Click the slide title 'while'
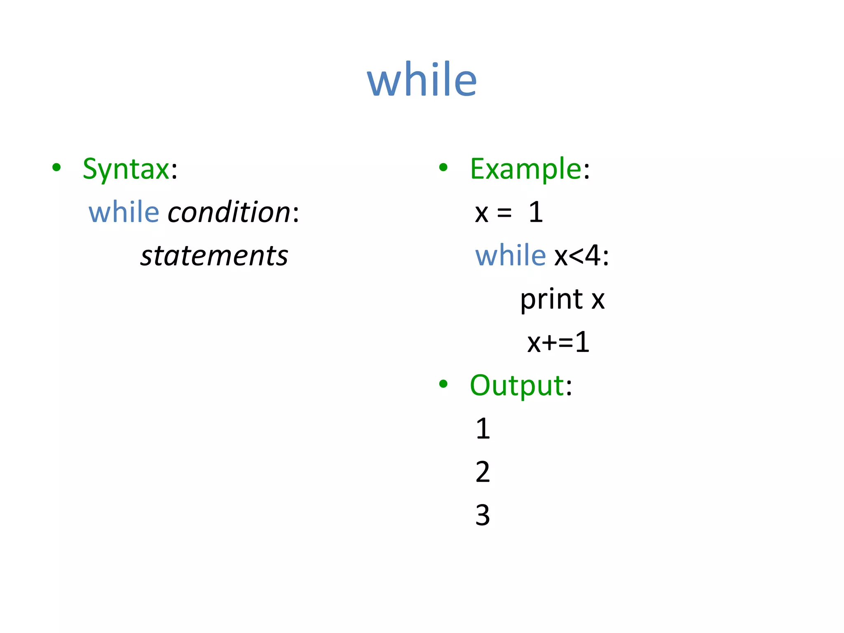pos(422,79)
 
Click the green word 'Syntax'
pos(126,169)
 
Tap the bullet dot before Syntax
pos(56,167)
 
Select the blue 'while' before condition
pos(124,212)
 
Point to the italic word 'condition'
pos(229,212)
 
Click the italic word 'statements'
pos(214,256)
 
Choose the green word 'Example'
pos(525,169)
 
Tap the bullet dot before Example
pos(443,167)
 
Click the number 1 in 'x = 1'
pos(536,213)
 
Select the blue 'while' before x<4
pos(510,256)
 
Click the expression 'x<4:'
pos(581,256)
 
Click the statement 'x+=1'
pos(558,342)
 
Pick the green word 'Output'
pos(517,386)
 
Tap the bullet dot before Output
pos(443,384)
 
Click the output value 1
pos(483,429)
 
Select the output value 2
pos(483,472)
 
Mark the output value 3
pos(483,515)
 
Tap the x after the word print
pos(598,300)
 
